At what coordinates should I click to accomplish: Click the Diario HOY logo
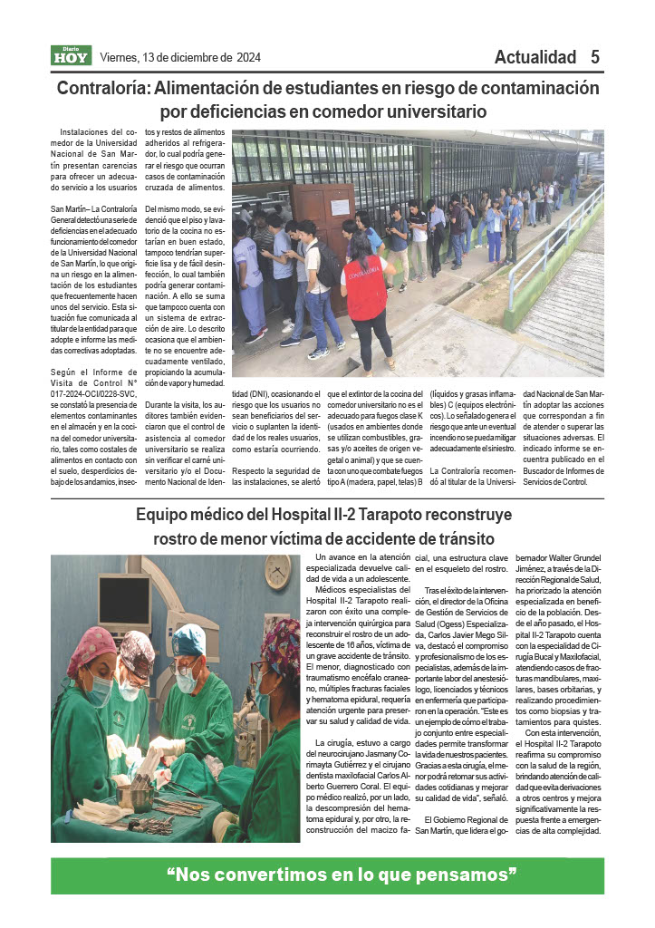[x=71, y=56]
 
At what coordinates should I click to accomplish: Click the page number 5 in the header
[x=595, y=57]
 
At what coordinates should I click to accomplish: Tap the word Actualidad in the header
[x=535, y=57]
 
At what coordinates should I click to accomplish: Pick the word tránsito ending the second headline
[x=469, y=538]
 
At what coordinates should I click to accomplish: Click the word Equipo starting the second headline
[x=164, y=515]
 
